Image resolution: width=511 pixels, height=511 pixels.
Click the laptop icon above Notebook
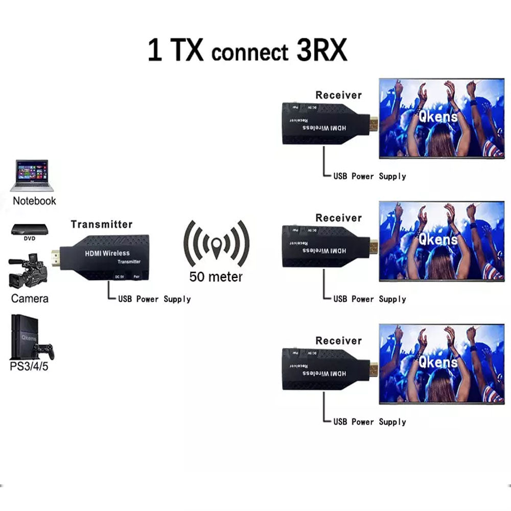coord(32,175)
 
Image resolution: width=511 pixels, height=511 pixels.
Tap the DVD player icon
coord(30,230)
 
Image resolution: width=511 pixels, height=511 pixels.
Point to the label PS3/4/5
coord(30,367)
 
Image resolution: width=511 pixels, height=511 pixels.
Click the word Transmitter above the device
coord(101,224)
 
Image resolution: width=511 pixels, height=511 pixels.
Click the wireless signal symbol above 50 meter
coord(217,244)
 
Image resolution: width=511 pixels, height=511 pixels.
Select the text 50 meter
coord(216,277)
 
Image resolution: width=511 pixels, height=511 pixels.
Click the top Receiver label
coord(338,95)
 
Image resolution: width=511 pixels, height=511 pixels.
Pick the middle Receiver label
coord(338,218)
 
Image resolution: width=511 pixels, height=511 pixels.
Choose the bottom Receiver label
coord(338,341)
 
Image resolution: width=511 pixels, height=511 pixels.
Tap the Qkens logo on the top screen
coord(438,116)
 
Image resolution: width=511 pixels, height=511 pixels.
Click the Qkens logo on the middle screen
coord(438,239)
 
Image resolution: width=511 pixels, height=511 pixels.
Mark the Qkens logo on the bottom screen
coord(438,362)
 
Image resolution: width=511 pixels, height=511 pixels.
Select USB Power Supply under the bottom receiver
coord(369,422)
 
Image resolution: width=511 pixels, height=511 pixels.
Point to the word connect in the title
coord(249,53)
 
